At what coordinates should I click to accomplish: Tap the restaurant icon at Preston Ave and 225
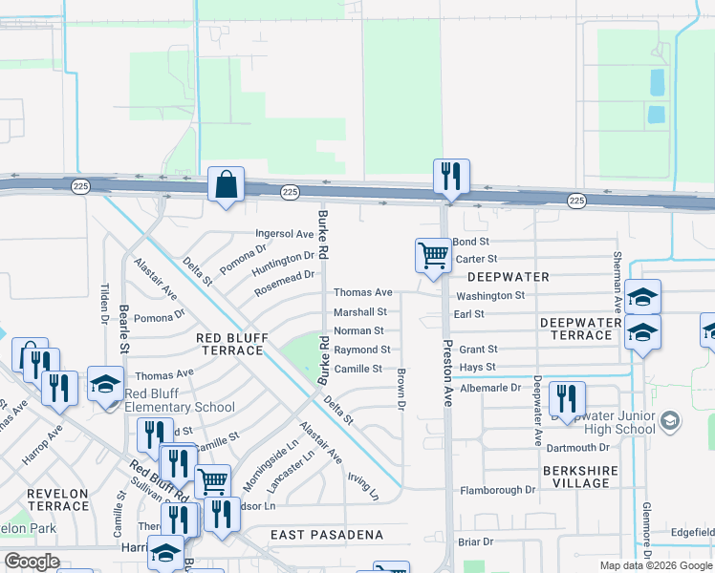(x=451, y=176)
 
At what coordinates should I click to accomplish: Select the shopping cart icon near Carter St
(x=433, y=255)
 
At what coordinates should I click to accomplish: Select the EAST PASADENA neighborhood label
(x=326, y=535)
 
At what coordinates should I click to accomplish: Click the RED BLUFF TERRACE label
(x=229, y=345)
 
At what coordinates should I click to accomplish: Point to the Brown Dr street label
(x=401, y=391)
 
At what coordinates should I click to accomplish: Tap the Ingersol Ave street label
(x=284, y=234)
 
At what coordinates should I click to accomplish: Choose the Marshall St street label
(x=359, y=312)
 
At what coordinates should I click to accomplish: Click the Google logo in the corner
(x=32, y=562)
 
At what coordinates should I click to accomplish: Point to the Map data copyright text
(x=654, y=565)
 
